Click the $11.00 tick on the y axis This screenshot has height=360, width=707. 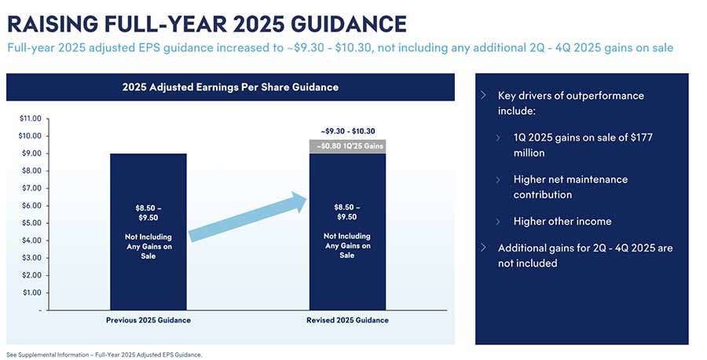coord(30,119)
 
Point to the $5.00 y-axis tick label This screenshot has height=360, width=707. coord(31,223)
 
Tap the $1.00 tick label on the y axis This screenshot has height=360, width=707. coord(31,292)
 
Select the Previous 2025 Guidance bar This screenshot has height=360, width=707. coord(148,232)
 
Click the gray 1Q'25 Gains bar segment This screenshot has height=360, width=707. coord(347,147)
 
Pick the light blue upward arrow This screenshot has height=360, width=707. coord(247,217)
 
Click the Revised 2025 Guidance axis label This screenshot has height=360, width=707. coord(347,320)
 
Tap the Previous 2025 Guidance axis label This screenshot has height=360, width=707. coord(148,320)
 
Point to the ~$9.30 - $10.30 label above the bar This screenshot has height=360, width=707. coord(348,131)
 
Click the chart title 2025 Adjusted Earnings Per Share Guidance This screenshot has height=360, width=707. coord(230,87)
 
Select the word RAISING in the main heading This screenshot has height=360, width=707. coord(53,24)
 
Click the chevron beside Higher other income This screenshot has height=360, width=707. coord(498,222)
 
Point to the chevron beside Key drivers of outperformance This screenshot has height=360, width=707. coord(483,95)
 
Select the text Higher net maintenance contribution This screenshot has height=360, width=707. coord(570,187)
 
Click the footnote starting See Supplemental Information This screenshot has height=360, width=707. coord(104,354)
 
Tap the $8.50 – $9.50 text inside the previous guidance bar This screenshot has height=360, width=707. coord(148,213)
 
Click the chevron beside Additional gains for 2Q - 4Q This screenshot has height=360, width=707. coord(483,248)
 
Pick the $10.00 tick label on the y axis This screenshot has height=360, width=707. coord(30,136)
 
